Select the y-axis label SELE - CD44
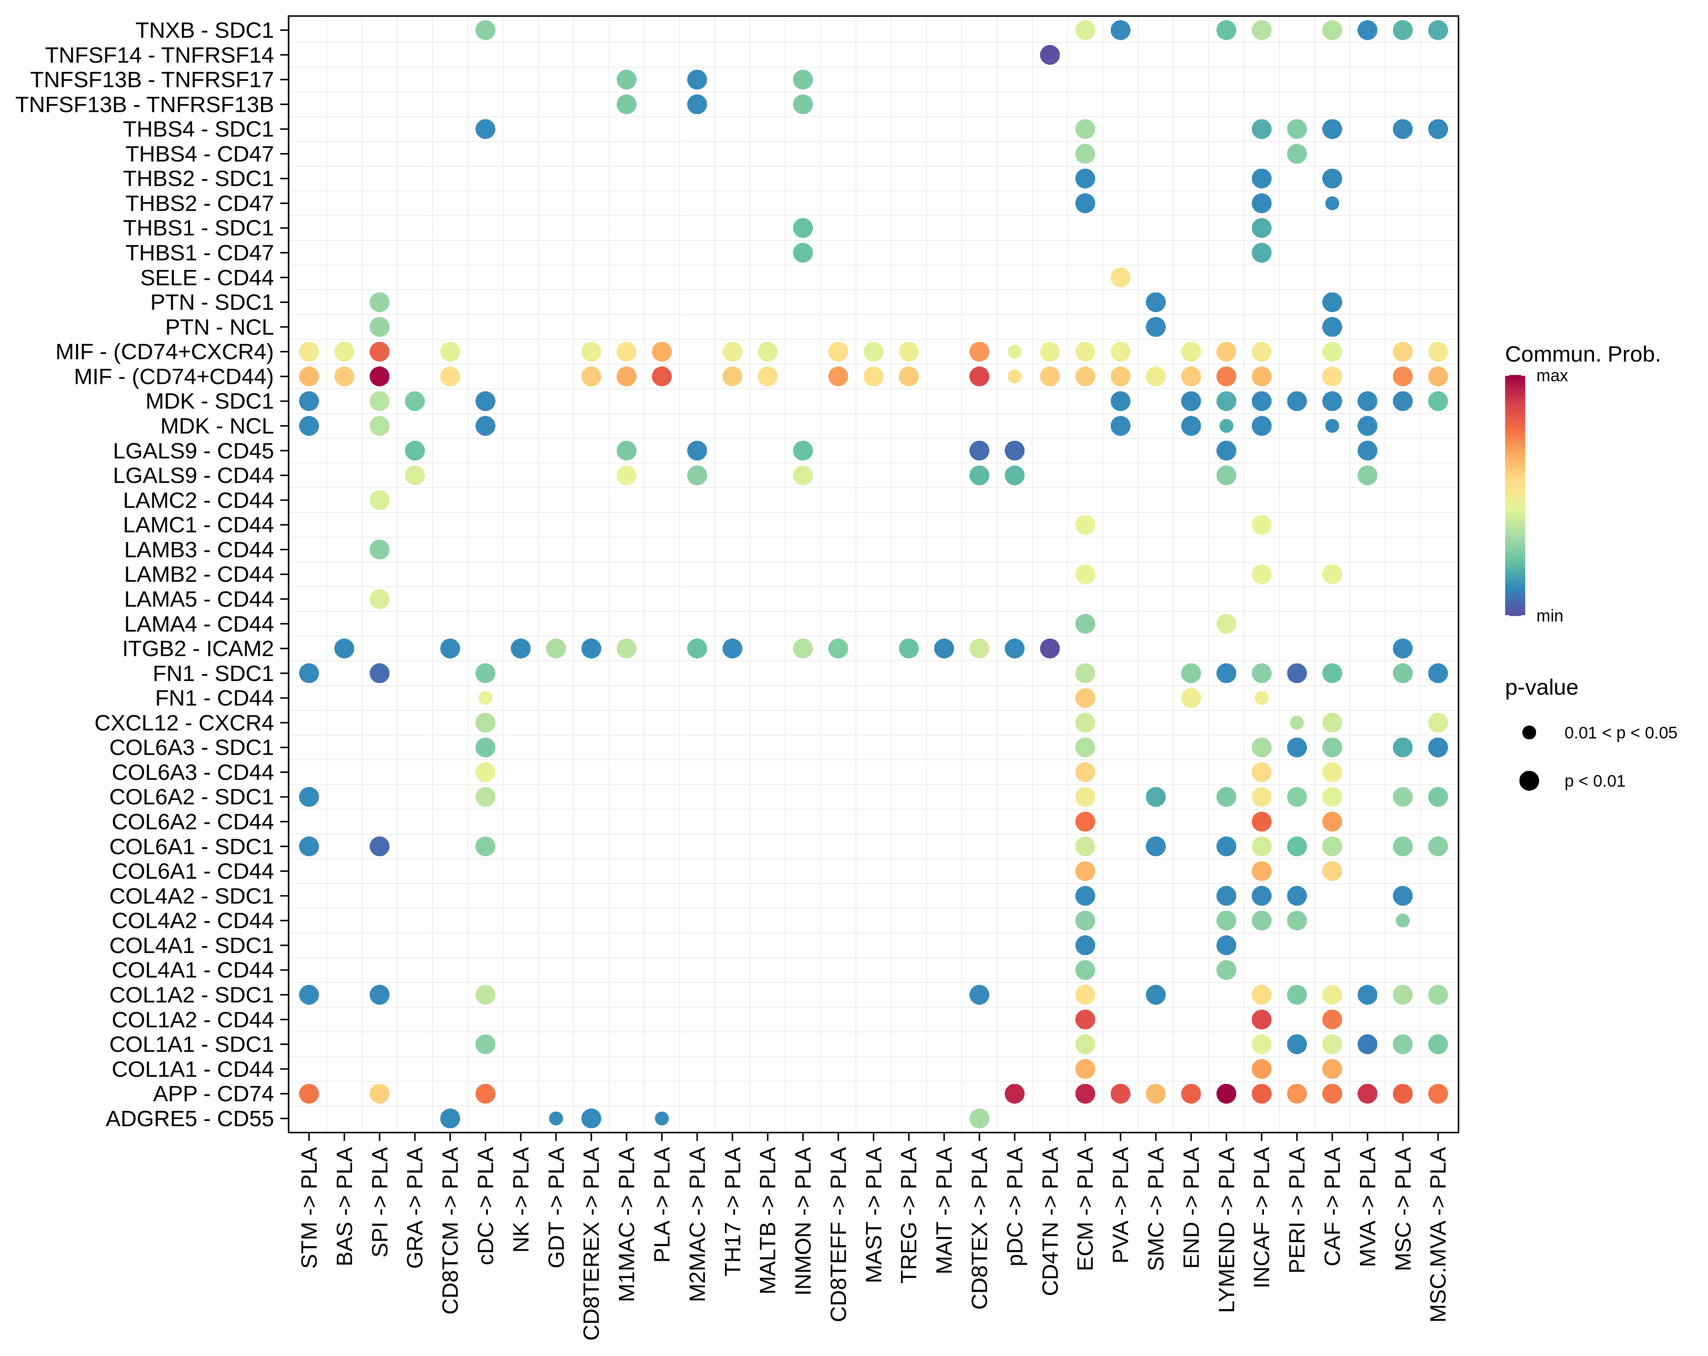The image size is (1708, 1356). [x=207, y=278]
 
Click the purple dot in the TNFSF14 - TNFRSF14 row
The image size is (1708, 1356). [x=1050, y=55]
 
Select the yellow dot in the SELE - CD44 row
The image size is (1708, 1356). [x=1120, y=277]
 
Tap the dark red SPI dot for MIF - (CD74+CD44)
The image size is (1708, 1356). [x=379, y=376]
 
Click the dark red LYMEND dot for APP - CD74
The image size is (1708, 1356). [x=1226, y=1094]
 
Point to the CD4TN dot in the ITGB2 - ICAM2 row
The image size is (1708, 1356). [x=1050, y=649]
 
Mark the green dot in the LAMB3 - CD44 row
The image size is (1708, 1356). [x=379, y=550]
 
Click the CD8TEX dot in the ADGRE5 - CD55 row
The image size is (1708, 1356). [x=979, y=1119]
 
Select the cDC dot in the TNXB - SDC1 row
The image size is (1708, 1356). [x=485, y=30]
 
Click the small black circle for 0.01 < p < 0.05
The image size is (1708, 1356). [x=1529, y=733]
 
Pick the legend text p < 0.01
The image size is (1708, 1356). [x=1594, y=782]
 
